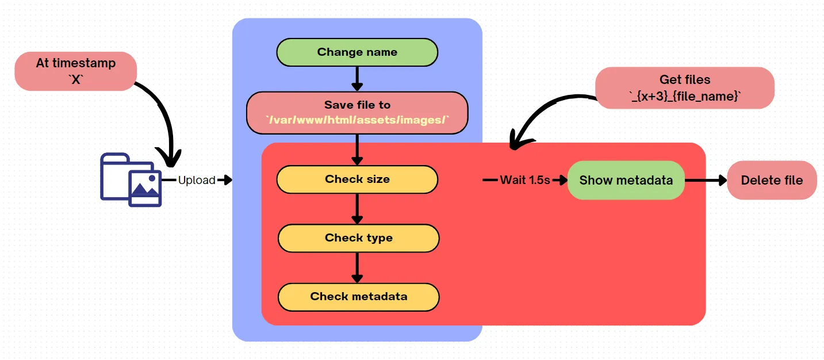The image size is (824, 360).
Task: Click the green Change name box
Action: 357,52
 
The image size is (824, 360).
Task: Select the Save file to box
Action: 357,113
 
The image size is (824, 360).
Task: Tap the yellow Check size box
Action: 357,179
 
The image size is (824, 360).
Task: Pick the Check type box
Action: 358,238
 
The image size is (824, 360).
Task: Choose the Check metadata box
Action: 358,297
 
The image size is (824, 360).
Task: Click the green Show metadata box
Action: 626,181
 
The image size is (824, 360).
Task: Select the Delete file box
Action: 772,181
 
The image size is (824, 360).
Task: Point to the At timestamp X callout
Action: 75,71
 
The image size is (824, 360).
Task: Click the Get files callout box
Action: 685,87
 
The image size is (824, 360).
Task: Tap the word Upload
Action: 197,181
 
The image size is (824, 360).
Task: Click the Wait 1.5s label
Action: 524,181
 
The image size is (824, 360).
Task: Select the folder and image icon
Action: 131,179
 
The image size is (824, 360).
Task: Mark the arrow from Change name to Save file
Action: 357,78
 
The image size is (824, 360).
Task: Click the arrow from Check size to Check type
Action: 357,208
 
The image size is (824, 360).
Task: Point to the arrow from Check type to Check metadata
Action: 357,267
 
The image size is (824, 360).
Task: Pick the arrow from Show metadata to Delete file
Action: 706,181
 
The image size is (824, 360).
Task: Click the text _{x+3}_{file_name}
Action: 685,96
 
